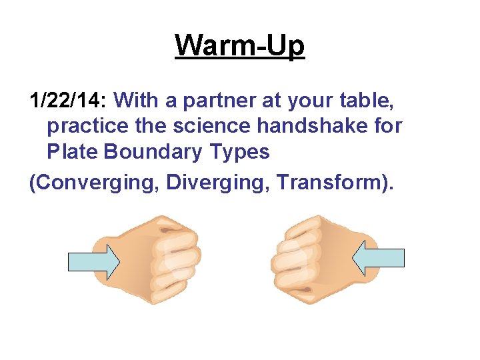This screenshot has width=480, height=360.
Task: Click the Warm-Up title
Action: click(240, 46)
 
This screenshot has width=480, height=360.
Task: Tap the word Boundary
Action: click(153, 152)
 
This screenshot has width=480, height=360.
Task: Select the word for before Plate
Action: click(387, 126)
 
